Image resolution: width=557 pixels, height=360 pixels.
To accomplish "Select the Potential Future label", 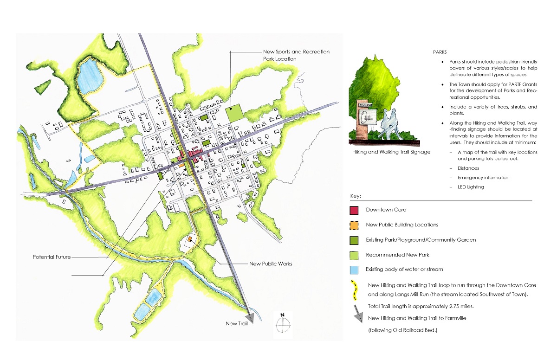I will pyautogui.click(x=52, y=257).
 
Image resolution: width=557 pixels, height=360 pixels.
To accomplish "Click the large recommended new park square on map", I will pyautogui.click(x=234, y=113).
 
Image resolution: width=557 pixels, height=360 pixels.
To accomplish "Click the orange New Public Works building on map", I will pyautogui.click(x=190, y=240).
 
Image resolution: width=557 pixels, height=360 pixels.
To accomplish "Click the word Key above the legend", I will pyautogui.click(x=356, y=196).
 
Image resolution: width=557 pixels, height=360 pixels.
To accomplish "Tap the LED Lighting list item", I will pyautogui.click(x=471, y=187).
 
